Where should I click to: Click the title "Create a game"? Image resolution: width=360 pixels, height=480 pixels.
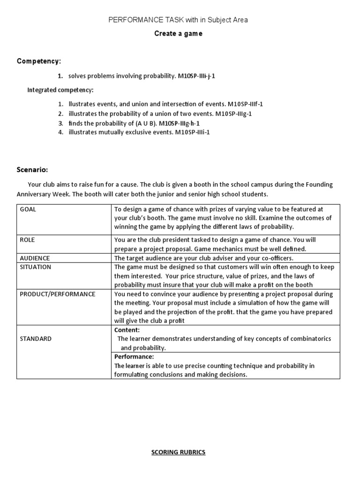(x=178, y=34)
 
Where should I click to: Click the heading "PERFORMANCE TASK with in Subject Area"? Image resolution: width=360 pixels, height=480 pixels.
(x=178, y=20)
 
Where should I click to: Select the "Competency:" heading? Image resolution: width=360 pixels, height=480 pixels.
(x=39, y=61)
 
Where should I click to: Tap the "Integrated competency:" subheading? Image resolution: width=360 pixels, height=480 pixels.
(x=60, y=90)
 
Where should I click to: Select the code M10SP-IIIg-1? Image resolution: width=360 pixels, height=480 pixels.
(x=235, y=113)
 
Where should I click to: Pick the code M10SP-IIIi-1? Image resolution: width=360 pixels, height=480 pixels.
(x=193, y=132)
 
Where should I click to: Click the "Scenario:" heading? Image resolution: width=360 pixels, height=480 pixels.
(x=32, y=169)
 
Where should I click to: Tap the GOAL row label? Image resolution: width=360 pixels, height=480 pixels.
(x=28, y=210)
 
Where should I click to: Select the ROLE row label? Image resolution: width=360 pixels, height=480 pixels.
(x=27, y=240)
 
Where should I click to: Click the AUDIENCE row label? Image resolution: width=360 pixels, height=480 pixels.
(x=35, y=258)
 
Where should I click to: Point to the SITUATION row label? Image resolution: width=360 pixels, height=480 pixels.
(x=36, y=267)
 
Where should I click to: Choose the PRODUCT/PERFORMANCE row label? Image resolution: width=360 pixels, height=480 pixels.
(x=57, y=294)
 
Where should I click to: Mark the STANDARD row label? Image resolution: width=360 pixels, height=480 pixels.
(x=36, y=338)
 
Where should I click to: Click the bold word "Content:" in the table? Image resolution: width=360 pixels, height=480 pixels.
(x=127, y=330)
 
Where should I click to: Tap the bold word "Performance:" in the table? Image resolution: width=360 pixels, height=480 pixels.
(x=134, y=357)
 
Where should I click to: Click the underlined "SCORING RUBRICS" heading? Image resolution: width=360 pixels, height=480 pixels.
(x=178, y=452)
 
